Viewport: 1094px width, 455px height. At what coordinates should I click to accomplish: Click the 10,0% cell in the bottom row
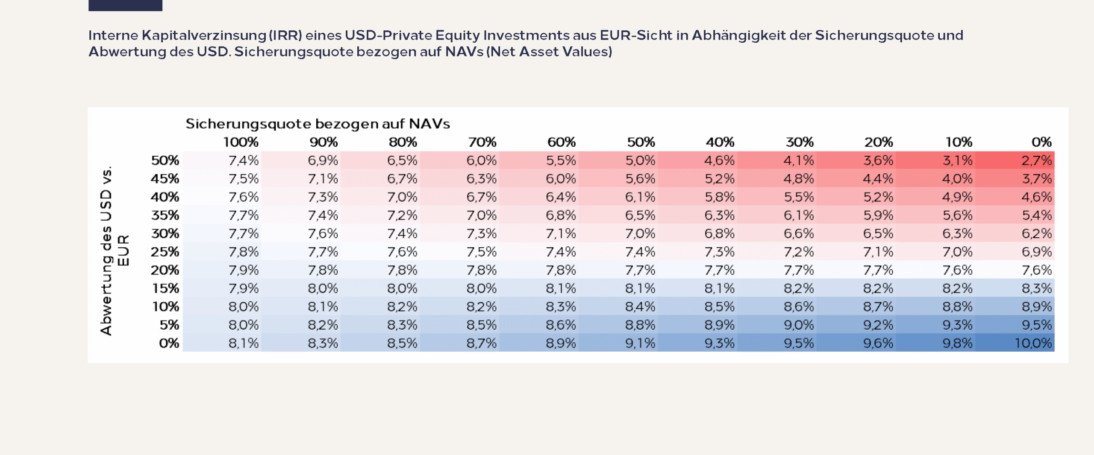[x=1033, y=343]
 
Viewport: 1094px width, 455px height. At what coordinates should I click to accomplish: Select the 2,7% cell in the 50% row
[x=1036, y=160]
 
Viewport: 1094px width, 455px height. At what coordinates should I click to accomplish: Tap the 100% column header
[x=241, y=142]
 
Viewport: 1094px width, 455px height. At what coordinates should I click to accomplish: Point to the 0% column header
[x=1041, y=142]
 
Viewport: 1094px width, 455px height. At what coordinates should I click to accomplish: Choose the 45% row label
[x=165, y=179]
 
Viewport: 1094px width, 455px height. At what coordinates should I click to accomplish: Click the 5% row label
[x=169, y=325]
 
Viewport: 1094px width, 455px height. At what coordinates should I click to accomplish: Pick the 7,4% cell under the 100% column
[x=244, y=160]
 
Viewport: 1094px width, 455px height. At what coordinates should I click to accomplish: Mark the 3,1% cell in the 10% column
[x=958, y=160]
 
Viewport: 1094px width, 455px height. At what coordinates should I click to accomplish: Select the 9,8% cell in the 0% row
[x=958, y=343]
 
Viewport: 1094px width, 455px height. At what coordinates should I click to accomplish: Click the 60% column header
[x=562, y=142]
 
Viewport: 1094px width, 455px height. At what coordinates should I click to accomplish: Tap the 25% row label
[x=165, y=252]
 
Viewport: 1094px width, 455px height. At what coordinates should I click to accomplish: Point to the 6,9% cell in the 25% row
[x=1036, y=252]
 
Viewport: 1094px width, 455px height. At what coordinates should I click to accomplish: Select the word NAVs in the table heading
[x=429, y=124]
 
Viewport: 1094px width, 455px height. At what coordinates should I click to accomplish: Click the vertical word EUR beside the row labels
[x=123, y=251]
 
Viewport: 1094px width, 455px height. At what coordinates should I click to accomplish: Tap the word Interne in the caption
[x=113, y=35]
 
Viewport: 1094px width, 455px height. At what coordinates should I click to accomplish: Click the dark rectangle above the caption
[x=125, y=5]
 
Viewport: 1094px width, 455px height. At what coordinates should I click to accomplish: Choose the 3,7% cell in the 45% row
[x=1036, y=179]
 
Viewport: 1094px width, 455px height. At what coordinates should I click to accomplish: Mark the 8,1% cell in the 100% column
[x=244, y=343]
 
